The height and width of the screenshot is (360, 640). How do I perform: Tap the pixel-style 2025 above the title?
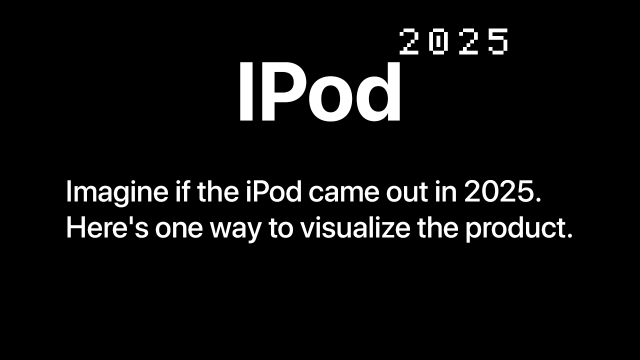[454, 41]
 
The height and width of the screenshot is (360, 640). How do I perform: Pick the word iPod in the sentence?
[273, 192]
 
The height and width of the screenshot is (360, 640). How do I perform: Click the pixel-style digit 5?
[498, 41]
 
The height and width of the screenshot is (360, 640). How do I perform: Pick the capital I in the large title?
[245, 93]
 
